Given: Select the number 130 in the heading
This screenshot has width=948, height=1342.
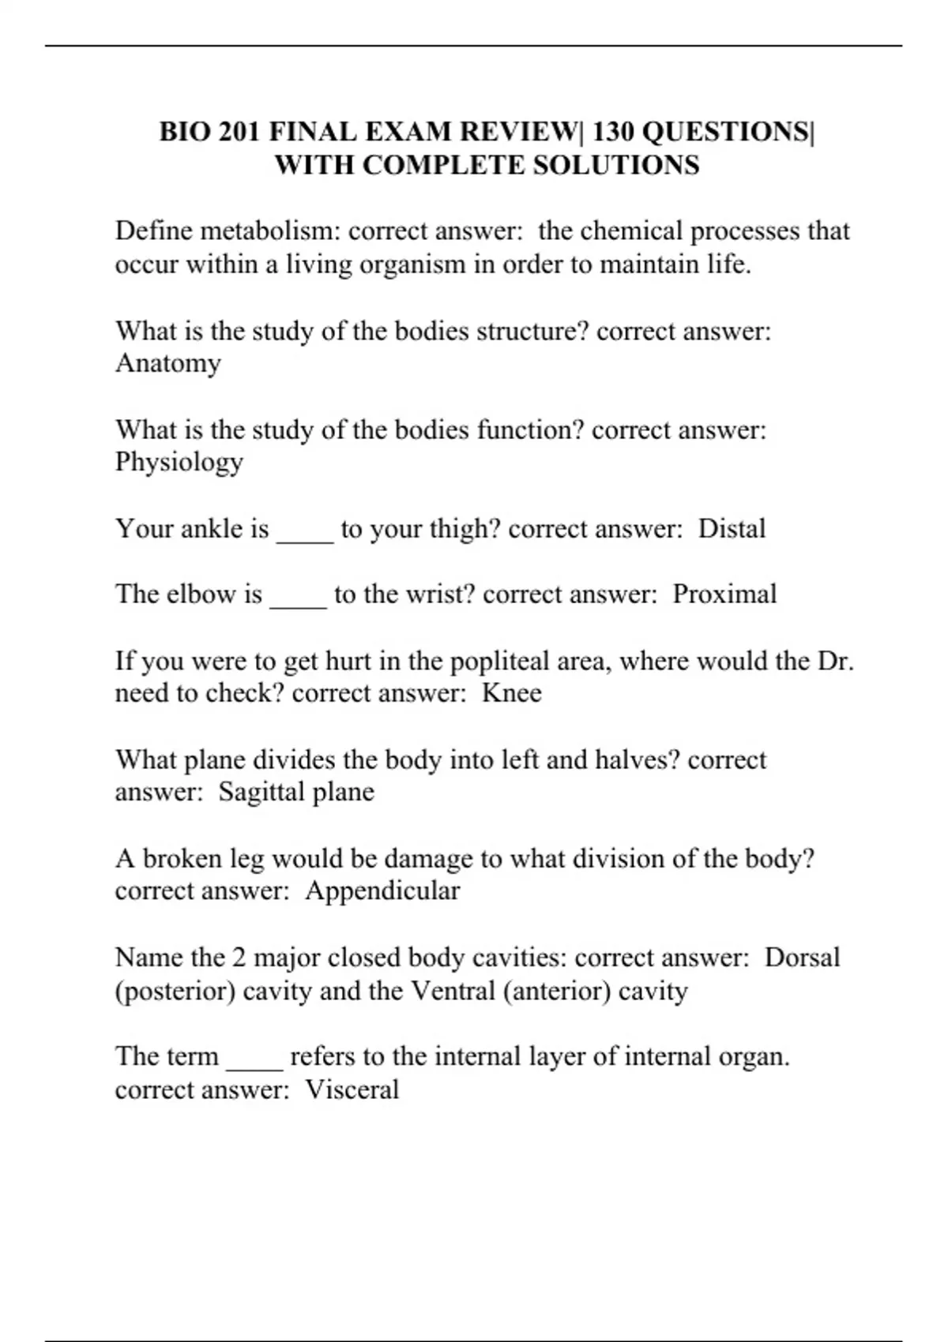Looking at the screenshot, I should (613, 131).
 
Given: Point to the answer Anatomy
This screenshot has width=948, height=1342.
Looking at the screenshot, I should (167, 363).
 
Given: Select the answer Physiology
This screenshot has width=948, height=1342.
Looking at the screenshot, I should (179, 463).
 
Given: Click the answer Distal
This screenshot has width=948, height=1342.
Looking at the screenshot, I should (732, 528).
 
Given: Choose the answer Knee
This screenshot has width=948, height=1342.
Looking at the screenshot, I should (512, 693).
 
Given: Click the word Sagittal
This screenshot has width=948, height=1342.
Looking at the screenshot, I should (261, 792).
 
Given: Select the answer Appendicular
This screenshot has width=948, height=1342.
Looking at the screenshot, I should (382, 891).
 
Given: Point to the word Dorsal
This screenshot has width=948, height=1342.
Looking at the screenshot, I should (802, 958).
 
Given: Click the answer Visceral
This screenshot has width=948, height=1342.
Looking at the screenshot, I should (352, 1090).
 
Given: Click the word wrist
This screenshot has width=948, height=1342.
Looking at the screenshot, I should (440, 594).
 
